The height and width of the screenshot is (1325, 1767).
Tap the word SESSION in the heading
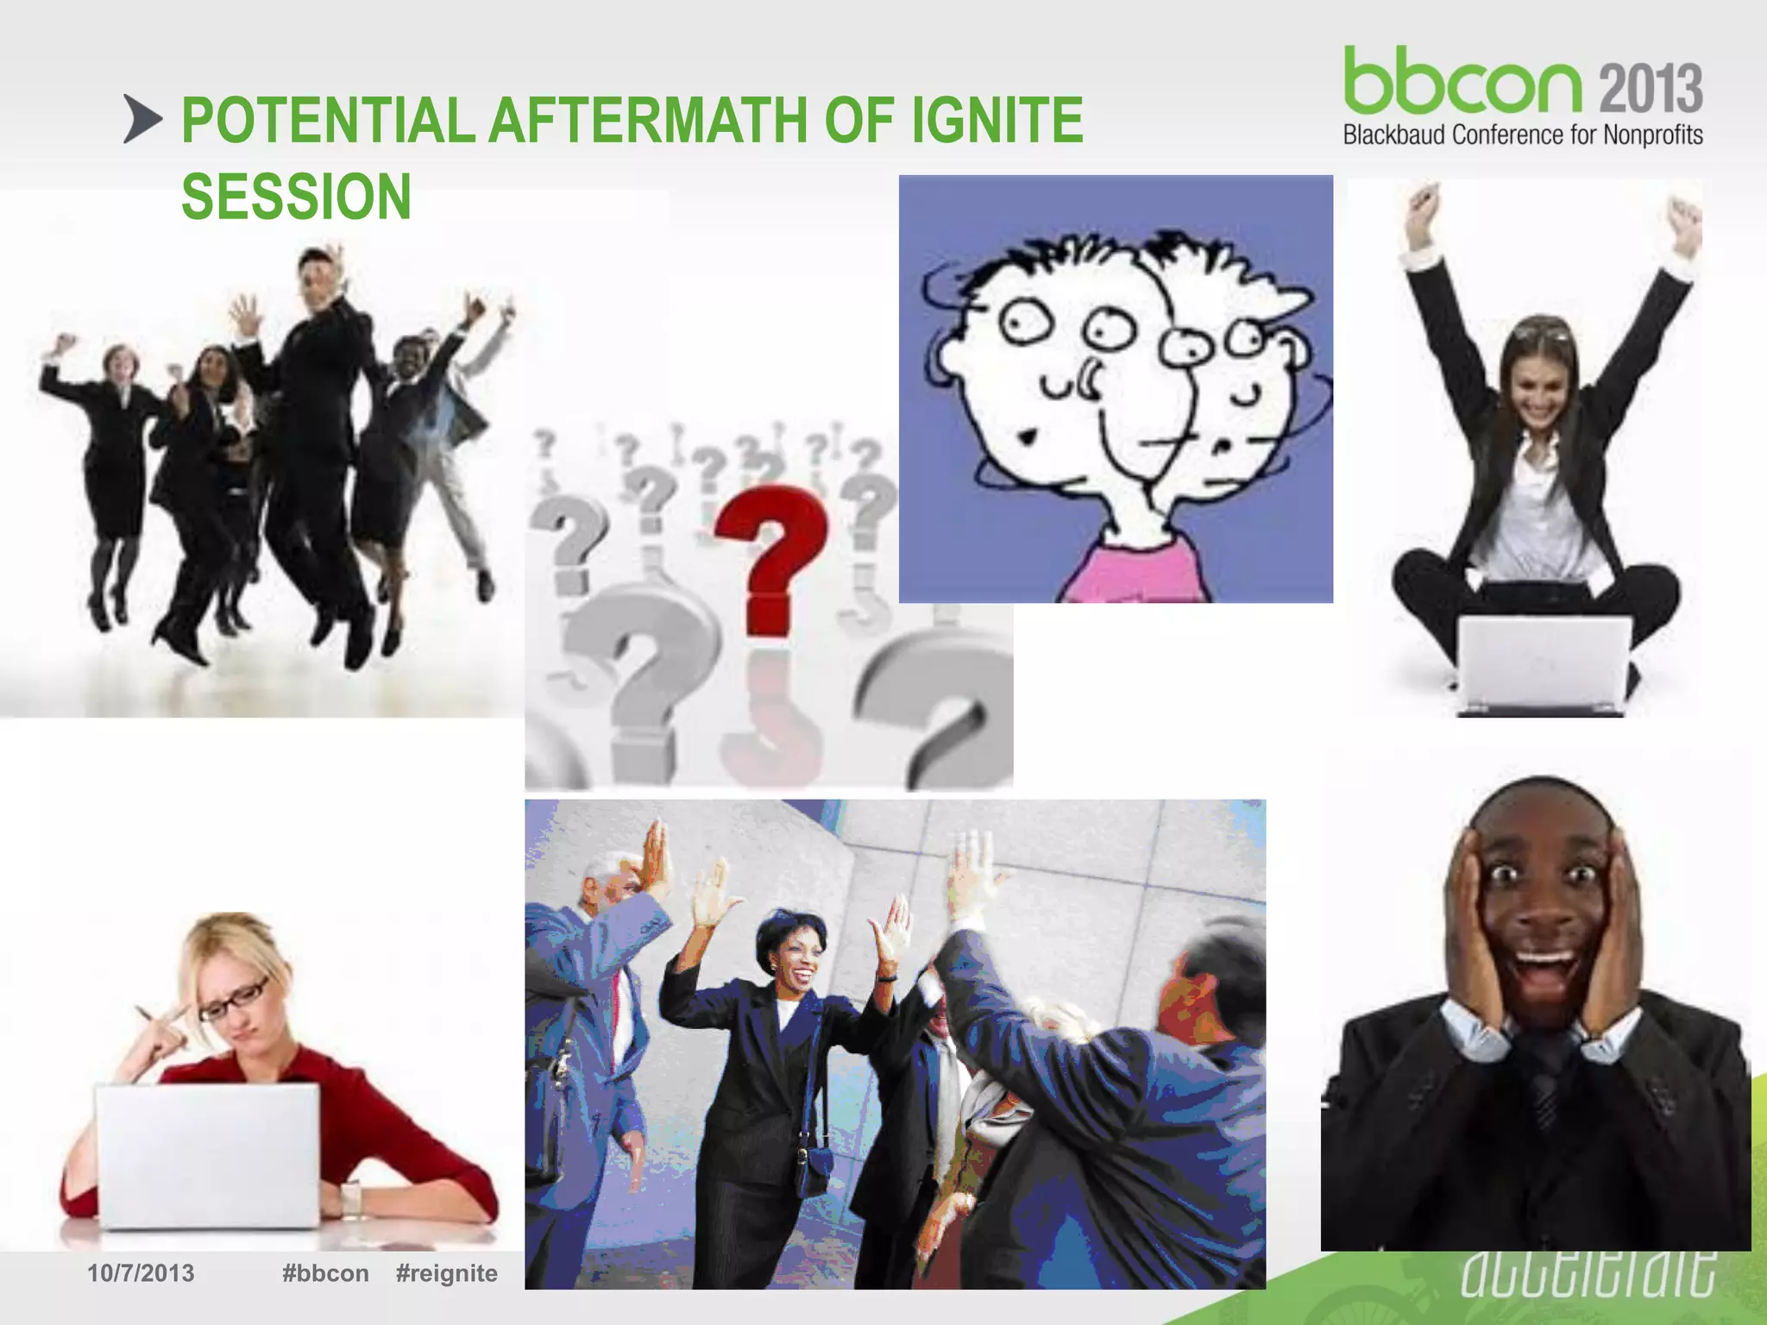pos(296,198)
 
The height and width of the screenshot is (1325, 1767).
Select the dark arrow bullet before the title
pos(142,119)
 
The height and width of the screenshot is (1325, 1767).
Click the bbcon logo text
pos(1462,83)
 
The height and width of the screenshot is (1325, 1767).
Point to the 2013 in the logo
pos(1651,88)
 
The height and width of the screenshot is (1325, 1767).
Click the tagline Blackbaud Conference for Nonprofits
pos(1523,135)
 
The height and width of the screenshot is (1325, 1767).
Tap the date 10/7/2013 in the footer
pos(141,1273)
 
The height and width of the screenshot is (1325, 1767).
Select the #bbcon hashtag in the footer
pos(325,1273)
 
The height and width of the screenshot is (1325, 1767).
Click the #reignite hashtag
pos(446,1273)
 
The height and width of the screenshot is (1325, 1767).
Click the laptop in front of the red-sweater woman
pos(207,1156)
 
